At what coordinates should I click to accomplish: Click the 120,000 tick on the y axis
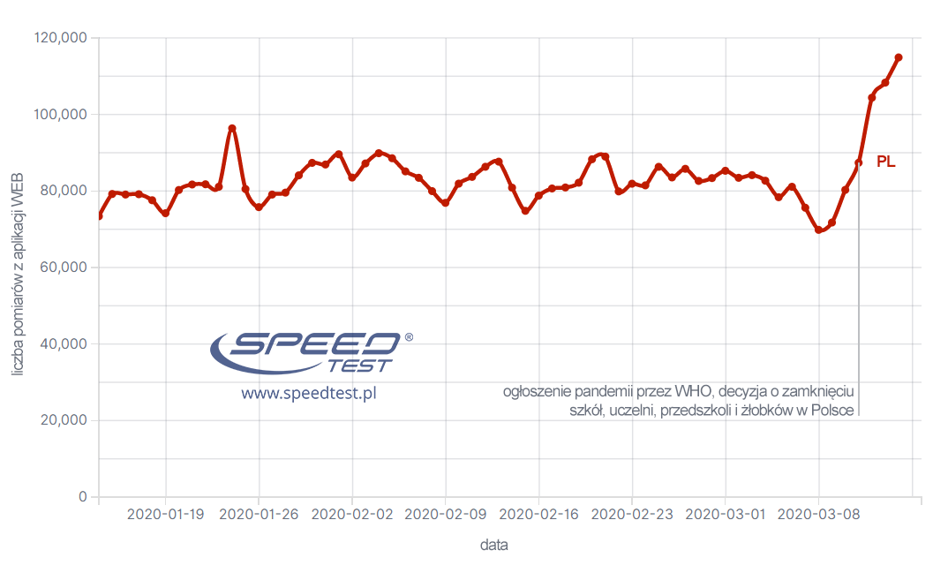click(60, 38)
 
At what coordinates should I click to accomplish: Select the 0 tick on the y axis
click(83, 497)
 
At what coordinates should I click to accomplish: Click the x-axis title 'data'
click(494, 545)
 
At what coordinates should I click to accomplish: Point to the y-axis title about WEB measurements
click(19, 268)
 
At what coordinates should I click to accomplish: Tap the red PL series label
click(885, 162)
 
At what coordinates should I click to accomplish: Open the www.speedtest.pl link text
click(309, 394)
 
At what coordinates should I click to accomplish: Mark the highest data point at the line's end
click(899, 57)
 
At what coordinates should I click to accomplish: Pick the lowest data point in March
click(818, 230)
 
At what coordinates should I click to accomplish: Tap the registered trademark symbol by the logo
click(408, 337)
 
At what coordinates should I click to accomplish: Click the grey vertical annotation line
click(859, 291)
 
